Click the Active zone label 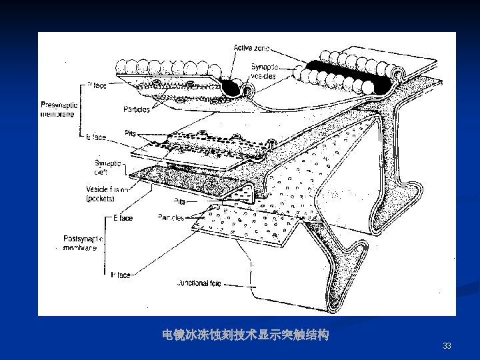[x=252, y=49]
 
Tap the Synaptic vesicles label [x=265, y=71]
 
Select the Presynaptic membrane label [x=59, y=108]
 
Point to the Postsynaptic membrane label [x=80, y=243]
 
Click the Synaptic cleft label [x=108, y=167]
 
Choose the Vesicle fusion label [x=110, y=189]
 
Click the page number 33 [x=447, y=346]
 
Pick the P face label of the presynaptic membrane [x=96, y=85]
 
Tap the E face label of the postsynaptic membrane [x=123, y=218]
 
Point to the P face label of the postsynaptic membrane [x=121, y=275]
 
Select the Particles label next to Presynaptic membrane [x=136, y=109]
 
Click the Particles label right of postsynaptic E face [x=171, y=218]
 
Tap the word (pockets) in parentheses [x=101, y=199]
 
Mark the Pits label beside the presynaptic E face [x=131, y=133]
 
